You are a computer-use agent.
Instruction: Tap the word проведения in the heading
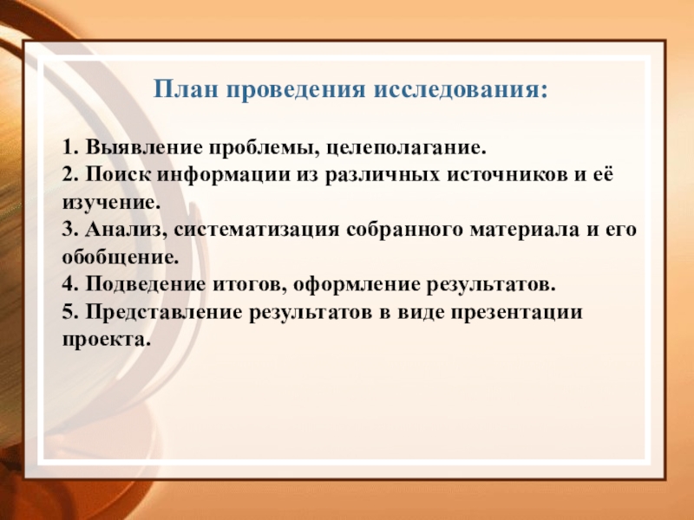296,91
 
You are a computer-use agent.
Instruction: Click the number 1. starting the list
70,146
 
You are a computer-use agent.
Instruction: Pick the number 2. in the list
70,174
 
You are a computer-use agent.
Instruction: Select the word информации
224,176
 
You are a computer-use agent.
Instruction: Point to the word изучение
111,204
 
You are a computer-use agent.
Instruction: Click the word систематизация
256,231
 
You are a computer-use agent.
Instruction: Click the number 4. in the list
70,284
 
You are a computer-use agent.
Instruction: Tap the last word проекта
104,341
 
